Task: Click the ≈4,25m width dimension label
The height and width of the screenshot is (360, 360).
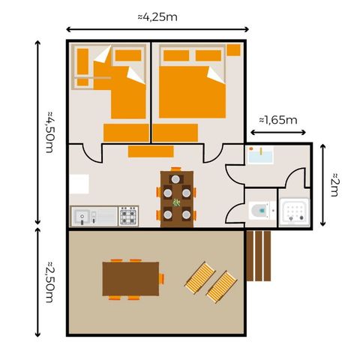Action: point(157,14)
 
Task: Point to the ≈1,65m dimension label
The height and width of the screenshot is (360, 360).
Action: point(277,119)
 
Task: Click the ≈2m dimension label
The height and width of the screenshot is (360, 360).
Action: point(334,185)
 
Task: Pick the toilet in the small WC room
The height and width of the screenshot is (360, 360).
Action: point(259,209)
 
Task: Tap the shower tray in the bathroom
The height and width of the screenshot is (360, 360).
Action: point(293,210)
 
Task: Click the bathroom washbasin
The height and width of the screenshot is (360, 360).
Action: point(260,155)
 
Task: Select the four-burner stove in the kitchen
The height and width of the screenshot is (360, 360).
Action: point(128,216)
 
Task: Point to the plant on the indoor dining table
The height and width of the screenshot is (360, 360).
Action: point(177,202)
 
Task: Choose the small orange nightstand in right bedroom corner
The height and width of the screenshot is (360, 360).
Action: point(233,50)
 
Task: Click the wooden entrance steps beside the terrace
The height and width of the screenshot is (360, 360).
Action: point(257,255)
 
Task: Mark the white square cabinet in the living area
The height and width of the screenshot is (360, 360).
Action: point(78,184)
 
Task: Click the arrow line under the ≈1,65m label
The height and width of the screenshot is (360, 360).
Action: point(277,133)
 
